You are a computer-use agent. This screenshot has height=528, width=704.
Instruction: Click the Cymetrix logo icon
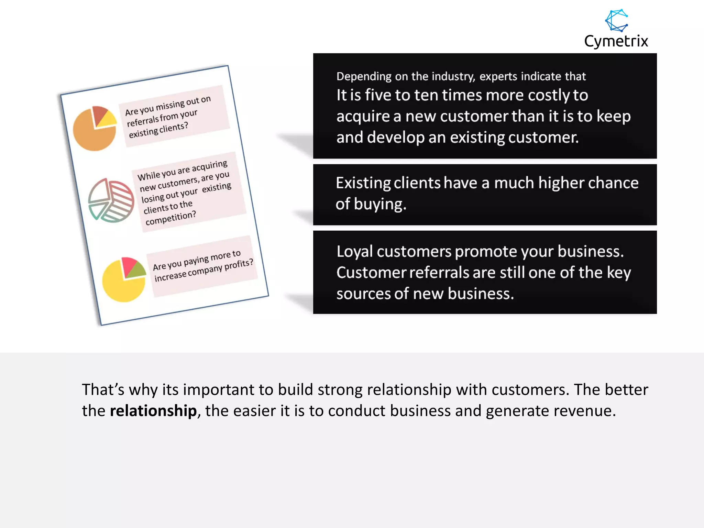point(617,20)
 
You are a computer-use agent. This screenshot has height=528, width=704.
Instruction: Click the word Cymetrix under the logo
point(616,41)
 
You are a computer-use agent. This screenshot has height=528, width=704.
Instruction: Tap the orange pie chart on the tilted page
point(94,129)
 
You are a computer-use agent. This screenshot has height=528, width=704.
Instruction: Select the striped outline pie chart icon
point(111,200)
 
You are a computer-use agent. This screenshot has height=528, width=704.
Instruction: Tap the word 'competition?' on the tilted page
point(170,218)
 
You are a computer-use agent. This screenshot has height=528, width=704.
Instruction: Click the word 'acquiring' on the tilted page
point(209,166)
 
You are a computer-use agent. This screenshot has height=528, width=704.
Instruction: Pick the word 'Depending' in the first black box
point(364,76)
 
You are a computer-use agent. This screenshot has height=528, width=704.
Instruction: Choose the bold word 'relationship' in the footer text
point(153,411)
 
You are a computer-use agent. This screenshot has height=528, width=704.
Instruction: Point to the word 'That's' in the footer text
point(103,390)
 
